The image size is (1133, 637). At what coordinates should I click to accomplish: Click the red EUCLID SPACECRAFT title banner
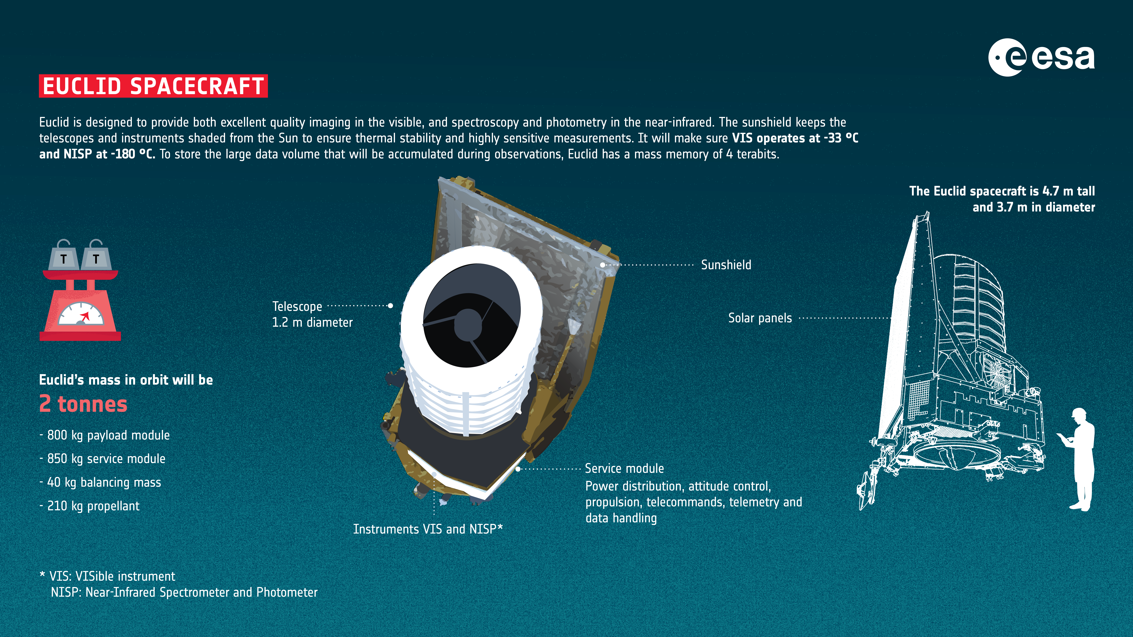click(x=153, y=86)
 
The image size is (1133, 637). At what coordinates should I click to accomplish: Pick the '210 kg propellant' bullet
click(x=93, y=506)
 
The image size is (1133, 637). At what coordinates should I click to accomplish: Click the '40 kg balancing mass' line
click(x=104, y=482)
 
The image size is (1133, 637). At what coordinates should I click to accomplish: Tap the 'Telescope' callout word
click(x=297, y=306)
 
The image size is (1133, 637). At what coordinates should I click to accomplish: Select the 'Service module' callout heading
click(x=624, y=469)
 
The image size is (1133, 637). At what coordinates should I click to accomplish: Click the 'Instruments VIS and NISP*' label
click(x=428, y=529)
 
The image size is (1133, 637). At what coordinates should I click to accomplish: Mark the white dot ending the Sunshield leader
click(x=603, y=265)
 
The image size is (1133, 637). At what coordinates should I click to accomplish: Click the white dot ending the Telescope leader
click(x=390, y=305)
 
